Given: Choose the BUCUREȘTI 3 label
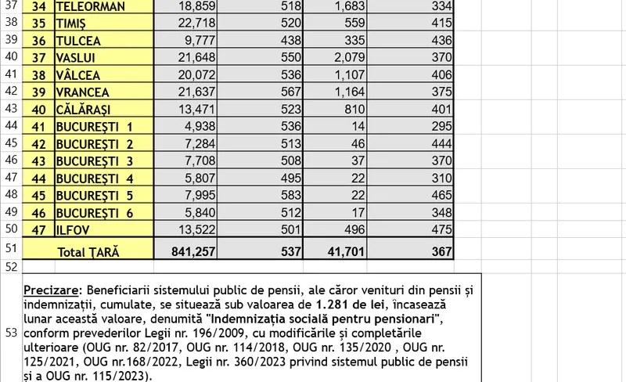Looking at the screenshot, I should point(95,162).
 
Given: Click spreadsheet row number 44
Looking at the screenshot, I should point(11,126).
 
